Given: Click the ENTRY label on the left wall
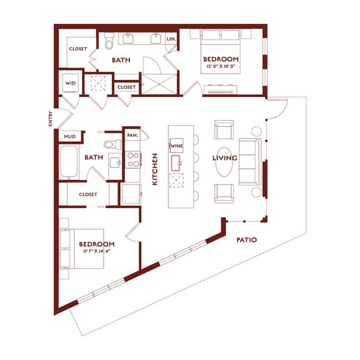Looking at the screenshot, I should (x=50, y=120).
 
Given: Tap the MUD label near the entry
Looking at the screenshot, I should (x=70, y=136).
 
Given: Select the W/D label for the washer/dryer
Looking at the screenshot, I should (x=71, y=83).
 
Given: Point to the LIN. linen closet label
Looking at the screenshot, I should (x=171, y=39).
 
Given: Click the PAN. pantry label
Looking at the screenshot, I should (x=132, y=135).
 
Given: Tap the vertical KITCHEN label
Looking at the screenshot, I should (x=156, y=169).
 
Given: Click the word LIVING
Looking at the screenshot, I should (x=225, y=158).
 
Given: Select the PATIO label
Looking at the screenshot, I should (x=247, y=240).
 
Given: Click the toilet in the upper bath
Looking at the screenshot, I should (x=109, y=42).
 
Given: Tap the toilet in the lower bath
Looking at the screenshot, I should (x=114, y=145).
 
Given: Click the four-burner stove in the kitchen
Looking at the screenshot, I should (x=133, y=160).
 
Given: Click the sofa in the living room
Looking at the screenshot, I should (x=249, y=161).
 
